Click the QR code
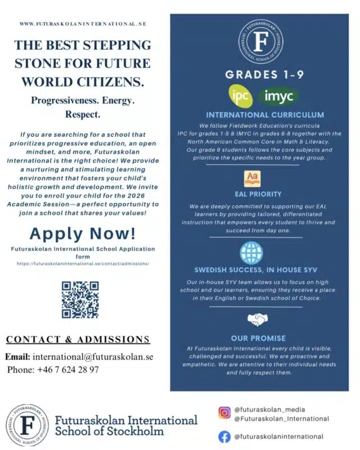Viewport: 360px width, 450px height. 80,300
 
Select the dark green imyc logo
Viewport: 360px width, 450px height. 279,96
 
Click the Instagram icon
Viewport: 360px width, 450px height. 224,413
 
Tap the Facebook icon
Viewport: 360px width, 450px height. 224,436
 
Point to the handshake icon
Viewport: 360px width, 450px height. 258,320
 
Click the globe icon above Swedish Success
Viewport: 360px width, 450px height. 251,253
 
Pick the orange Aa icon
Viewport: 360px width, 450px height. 251,179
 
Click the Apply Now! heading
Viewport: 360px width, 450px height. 82,232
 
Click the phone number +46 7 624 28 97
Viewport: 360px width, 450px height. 69,370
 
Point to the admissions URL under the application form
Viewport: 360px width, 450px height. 83,263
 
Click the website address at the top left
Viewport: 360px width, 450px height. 83,24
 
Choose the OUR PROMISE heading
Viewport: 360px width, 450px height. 258,338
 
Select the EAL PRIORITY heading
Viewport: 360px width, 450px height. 258,195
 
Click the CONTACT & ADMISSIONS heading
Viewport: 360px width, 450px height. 78,339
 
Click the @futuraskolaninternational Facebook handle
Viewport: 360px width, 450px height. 278,436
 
